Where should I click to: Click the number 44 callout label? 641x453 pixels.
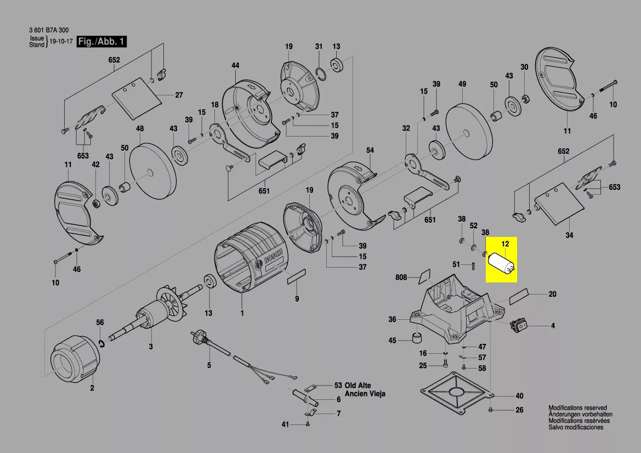point(235,66)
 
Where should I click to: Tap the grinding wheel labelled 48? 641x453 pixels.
point(154,171)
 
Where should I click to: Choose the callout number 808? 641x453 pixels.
point(401,278)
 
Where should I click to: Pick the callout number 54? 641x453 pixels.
point(370,150)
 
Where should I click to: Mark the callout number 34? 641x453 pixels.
point(569,236)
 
